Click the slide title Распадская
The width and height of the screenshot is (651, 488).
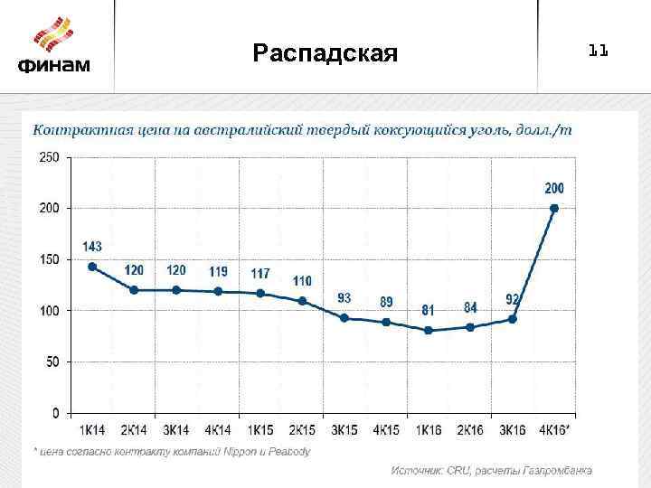click(x=325, y=53)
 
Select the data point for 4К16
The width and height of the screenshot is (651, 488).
click(x=554, y=208)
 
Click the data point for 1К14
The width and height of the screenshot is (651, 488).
click(x=92, y=267)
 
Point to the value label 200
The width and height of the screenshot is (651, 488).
click(x=554, y=188)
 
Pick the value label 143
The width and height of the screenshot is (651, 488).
click(x=92, y=246)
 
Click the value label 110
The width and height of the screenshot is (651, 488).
click(x=302, y=281)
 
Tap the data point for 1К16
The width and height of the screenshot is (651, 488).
click(x=429, y=331)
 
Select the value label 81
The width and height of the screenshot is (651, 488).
click(x=428, y=310)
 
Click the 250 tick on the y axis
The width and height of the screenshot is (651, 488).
click(x=49, y=157)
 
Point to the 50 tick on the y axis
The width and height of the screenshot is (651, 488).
click(x=52, y=361)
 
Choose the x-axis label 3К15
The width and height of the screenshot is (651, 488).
click(x=344, y=430)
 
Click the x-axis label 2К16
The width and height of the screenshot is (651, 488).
click(x=470, y=430)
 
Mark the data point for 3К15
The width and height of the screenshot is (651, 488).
click(x=344, y=318)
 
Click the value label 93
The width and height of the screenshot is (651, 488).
click(x=344, y=297)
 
